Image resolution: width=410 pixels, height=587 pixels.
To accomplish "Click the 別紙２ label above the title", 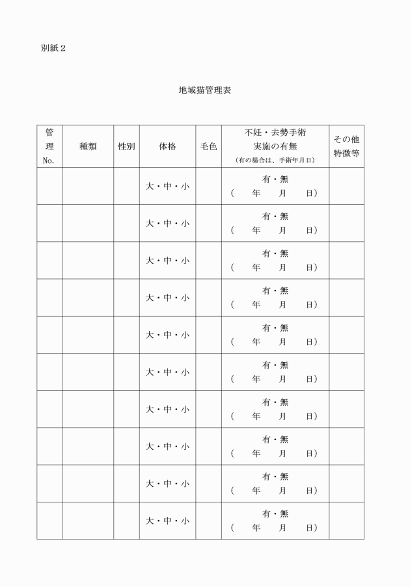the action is click(x=53, y=49).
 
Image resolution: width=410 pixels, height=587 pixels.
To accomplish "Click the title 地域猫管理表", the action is click(x=205, y=90).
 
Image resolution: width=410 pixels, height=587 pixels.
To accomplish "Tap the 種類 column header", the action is click(x=88, y=146).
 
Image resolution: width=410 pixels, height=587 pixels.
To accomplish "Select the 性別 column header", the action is click(x=126, y=146).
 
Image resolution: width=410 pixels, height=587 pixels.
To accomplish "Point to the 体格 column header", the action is click(x=167, y=146).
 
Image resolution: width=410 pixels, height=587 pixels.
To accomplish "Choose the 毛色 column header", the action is click(x=208, y=146).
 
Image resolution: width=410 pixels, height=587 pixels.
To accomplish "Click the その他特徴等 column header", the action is click(x=346, y=146).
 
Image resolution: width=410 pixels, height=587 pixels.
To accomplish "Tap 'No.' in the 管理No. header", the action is click(x=49, y=160).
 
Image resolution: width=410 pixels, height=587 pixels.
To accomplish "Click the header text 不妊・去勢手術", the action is click(x=275, y=133).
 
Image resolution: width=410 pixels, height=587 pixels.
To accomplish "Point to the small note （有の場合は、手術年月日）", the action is click(x=275, y=160).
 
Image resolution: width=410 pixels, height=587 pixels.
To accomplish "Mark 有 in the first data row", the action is click(x=266, y=179).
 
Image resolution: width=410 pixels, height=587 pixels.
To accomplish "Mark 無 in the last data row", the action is click(x=284, y=514).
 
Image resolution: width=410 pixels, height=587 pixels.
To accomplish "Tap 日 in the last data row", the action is click(x=310, y=527).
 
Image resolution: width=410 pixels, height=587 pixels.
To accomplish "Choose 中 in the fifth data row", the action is click(x=167, y=335).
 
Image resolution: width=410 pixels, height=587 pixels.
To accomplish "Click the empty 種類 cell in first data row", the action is click(x=88, y=186).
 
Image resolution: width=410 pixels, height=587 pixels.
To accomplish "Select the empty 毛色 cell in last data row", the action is click(x=208, y=520).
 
